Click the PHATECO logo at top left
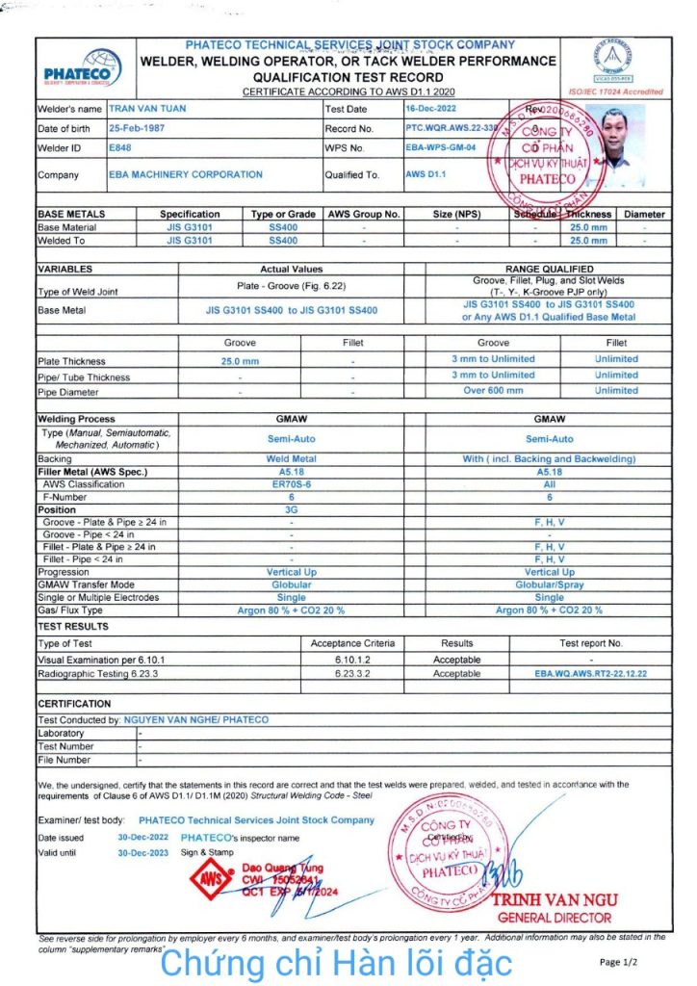coord(84,68)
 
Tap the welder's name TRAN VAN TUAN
coord(147,109)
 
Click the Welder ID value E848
coord(119,148)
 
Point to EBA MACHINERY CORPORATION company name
coord(186,174)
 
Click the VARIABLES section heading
coord(65,270)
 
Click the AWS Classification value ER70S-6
coord(291,484)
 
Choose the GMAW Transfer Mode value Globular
coord(291,584)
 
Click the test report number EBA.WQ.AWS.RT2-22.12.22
coord(591,674)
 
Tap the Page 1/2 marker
coord(617,962)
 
